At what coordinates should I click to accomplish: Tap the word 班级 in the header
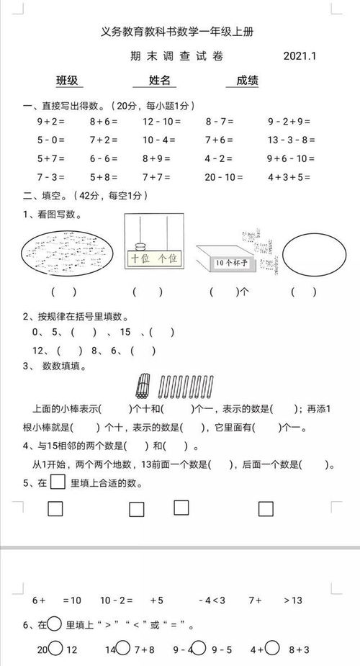[67, 80]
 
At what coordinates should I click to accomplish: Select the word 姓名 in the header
[160, 80]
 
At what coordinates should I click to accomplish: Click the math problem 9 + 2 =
[50, 122]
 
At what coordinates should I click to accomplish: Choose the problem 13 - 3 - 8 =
[292, 140]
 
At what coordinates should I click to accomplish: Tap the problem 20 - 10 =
[222, 176]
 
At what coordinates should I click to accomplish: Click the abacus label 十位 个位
[153, 258]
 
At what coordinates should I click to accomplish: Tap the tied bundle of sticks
[143, 387]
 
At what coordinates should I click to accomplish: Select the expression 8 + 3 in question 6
[298, 649]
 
